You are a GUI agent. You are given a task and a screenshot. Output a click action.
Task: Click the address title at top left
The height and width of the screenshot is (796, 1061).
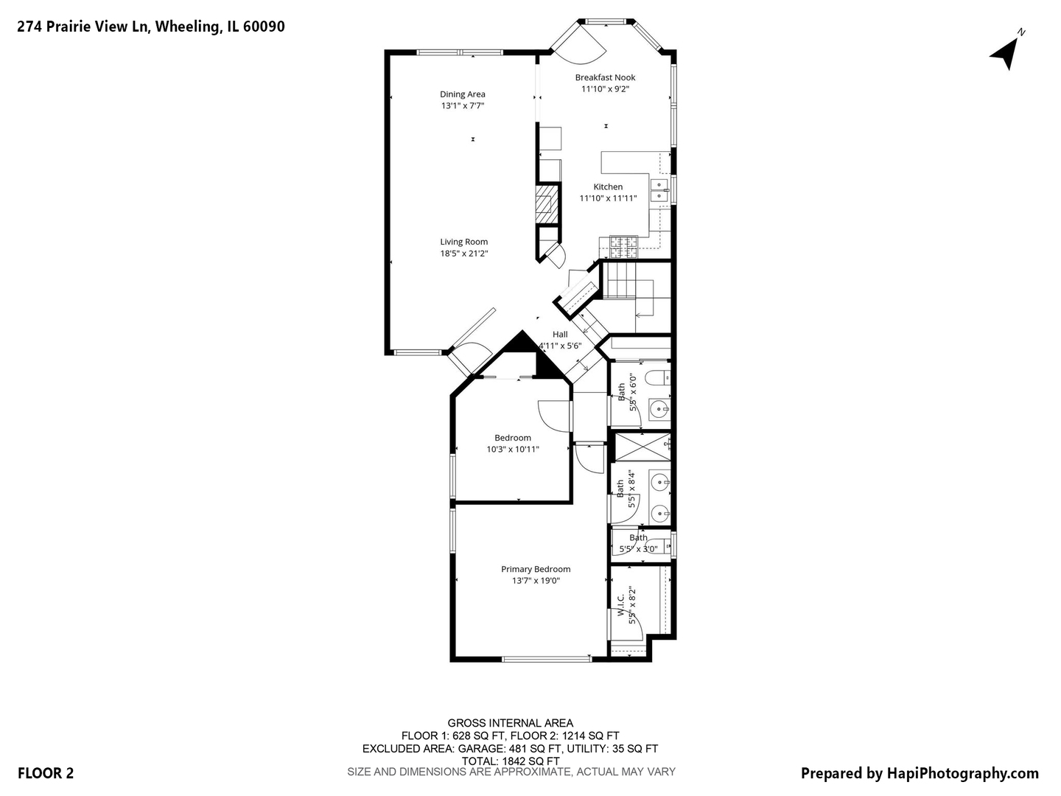(x=151, y=27)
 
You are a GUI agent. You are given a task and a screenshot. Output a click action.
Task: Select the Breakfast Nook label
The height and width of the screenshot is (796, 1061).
(x=605, y=77)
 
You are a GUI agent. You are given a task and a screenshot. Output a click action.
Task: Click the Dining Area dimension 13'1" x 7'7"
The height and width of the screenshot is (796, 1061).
(x=463, y=106)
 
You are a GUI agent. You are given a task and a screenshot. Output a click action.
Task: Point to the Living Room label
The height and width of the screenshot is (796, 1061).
(x=464, y=242)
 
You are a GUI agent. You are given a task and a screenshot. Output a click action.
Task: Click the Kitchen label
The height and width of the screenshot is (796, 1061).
(x=608, y=187)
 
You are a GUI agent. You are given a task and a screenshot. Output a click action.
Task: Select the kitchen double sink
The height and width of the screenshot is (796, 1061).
(x=659, y=190)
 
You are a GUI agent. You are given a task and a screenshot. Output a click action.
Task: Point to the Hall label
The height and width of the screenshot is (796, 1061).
(x=560, y=335)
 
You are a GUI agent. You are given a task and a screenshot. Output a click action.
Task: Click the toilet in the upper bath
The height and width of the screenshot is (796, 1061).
(x=656, y=380)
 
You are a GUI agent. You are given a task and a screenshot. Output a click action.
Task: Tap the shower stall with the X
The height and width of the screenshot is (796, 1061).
(x=641, y=445)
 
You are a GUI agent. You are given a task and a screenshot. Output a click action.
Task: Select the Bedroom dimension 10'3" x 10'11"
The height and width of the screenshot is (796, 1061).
(x=513, y=450)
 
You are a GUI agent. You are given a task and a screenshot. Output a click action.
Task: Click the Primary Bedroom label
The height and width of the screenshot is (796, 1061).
(x=536, y=569)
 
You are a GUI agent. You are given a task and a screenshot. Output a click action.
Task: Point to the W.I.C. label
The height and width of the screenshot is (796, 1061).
(x=621, y=605)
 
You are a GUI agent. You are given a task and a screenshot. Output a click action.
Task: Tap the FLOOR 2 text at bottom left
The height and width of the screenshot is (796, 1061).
(x=46, y=773)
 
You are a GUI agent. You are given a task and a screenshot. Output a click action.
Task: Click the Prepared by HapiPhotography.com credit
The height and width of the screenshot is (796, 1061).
(x=920, y=773)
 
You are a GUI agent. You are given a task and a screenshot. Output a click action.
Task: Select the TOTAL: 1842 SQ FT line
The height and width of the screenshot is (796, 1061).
(x=511, y=761)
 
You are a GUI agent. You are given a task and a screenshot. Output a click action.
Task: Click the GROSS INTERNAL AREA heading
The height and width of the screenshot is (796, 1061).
(x=511, y=723)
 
